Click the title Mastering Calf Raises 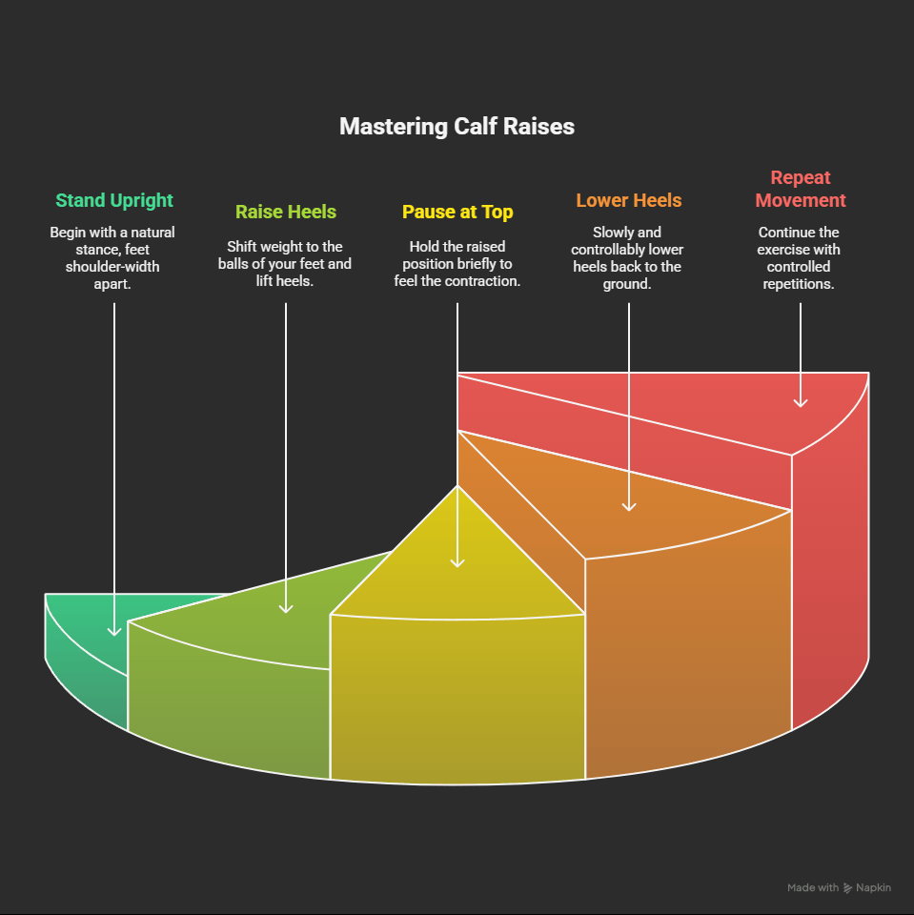[x=457, y=127]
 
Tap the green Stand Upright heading [x=114, y=200]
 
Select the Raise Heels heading [x=286, y=212]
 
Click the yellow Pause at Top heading [x=457, y=212]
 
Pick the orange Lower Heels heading [x=629, y=200]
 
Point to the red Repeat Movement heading [x=801, y=189]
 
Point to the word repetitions [x=801, y=284]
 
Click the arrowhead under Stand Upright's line [x=114, y=630]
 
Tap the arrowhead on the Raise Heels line [x=286, y=607]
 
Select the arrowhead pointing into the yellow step [x=457, y=561]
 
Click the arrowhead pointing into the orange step [x=629, y=505]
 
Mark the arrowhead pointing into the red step [x=801, y=402]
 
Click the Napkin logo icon [x=848, y=888]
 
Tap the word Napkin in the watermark [x=873, y=888]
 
